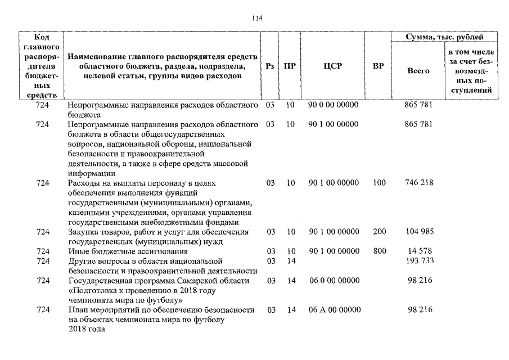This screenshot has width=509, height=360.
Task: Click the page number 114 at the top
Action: coord(257,18)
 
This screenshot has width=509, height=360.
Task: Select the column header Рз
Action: coord(269,66)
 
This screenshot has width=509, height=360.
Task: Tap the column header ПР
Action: coord(290,66)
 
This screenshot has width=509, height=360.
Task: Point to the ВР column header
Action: coord(378,66)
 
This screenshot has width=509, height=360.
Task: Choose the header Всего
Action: coord(418,71)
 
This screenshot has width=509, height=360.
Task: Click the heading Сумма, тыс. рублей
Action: coord(444,37)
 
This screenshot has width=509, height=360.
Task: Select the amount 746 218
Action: coord(418,183)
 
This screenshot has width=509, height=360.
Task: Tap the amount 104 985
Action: coord(418,232)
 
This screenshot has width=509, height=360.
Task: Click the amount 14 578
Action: coord(418,251)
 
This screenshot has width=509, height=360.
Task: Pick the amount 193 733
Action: coord(418,260)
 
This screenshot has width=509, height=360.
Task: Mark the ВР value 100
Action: coord(379,183)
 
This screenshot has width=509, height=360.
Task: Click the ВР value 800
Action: coord(379,251)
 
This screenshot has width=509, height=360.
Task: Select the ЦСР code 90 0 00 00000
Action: coord(333,105)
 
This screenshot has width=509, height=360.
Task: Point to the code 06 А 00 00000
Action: coord(333,310)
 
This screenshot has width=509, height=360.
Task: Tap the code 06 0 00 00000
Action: coord(333,280)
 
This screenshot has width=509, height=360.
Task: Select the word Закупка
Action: coord(83,232)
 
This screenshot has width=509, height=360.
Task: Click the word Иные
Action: coord(78,251)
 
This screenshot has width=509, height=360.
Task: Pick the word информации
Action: coord(90,173)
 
